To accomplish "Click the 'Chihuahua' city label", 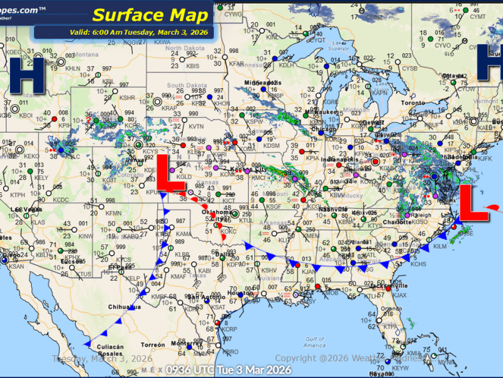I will tap(124, 307).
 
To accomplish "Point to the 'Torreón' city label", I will tap(152, 346).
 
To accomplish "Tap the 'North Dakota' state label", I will tap(182, 49).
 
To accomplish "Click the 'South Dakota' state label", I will tap(184, 85).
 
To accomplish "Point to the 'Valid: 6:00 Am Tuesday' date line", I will tap(123, 32).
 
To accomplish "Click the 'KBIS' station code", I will tap(193, 65).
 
